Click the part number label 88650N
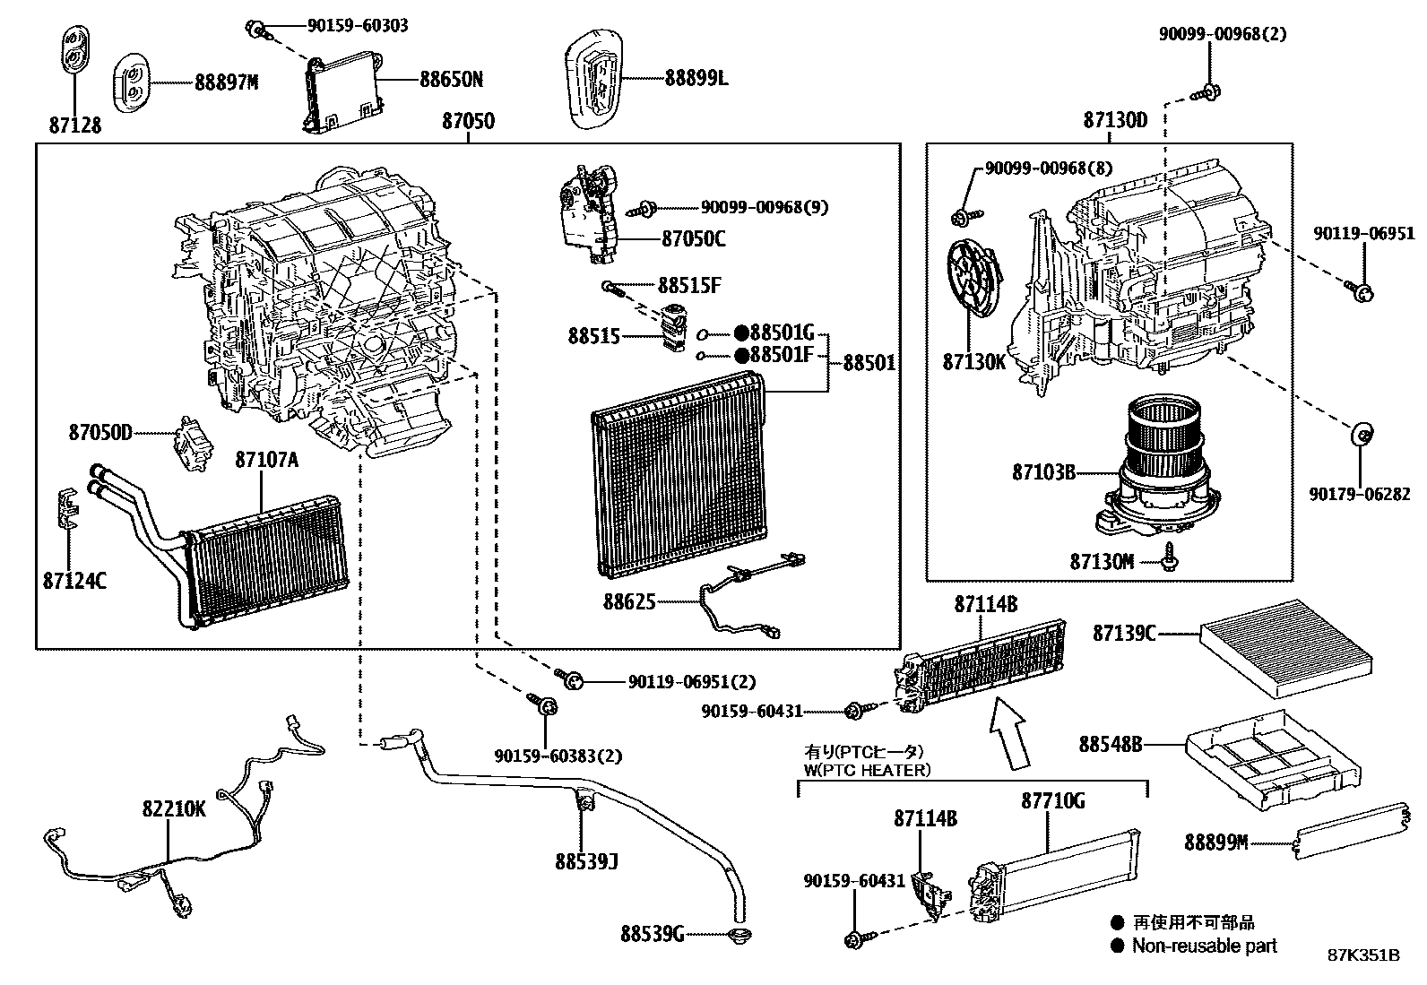point(451,80)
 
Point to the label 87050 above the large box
point(468,121)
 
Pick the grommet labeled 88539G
point(740,937)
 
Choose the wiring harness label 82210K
point(174,809)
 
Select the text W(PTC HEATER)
point(868,770)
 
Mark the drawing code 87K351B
point(1363,955)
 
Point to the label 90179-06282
point(1359,494)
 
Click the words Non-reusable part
point(1204,945)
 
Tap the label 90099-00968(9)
point(765,207)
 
